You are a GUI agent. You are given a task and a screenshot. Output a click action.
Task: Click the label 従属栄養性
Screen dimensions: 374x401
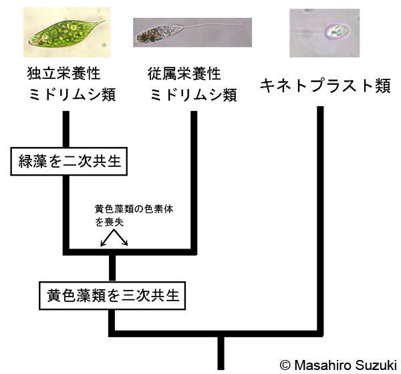tap(185, 73)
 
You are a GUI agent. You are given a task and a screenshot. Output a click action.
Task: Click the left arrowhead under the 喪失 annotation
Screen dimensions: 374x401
tap(102, 244)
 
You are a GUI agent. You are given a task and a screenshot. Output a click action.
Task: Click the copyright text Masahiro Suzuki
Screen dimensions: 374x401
tap(347, 365)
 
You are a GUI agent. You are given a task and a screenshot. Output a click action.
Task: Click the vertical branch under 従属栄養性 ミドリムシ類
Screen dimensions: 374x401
tap(194, 180)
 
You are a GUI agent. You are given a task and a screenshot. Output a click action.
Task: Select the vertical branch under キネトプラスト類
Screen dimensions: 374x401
tap(320, 214)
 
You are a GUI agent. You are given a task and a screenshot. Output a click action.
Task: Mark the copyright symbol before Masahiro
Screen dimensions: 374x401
tap(285, 365)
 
